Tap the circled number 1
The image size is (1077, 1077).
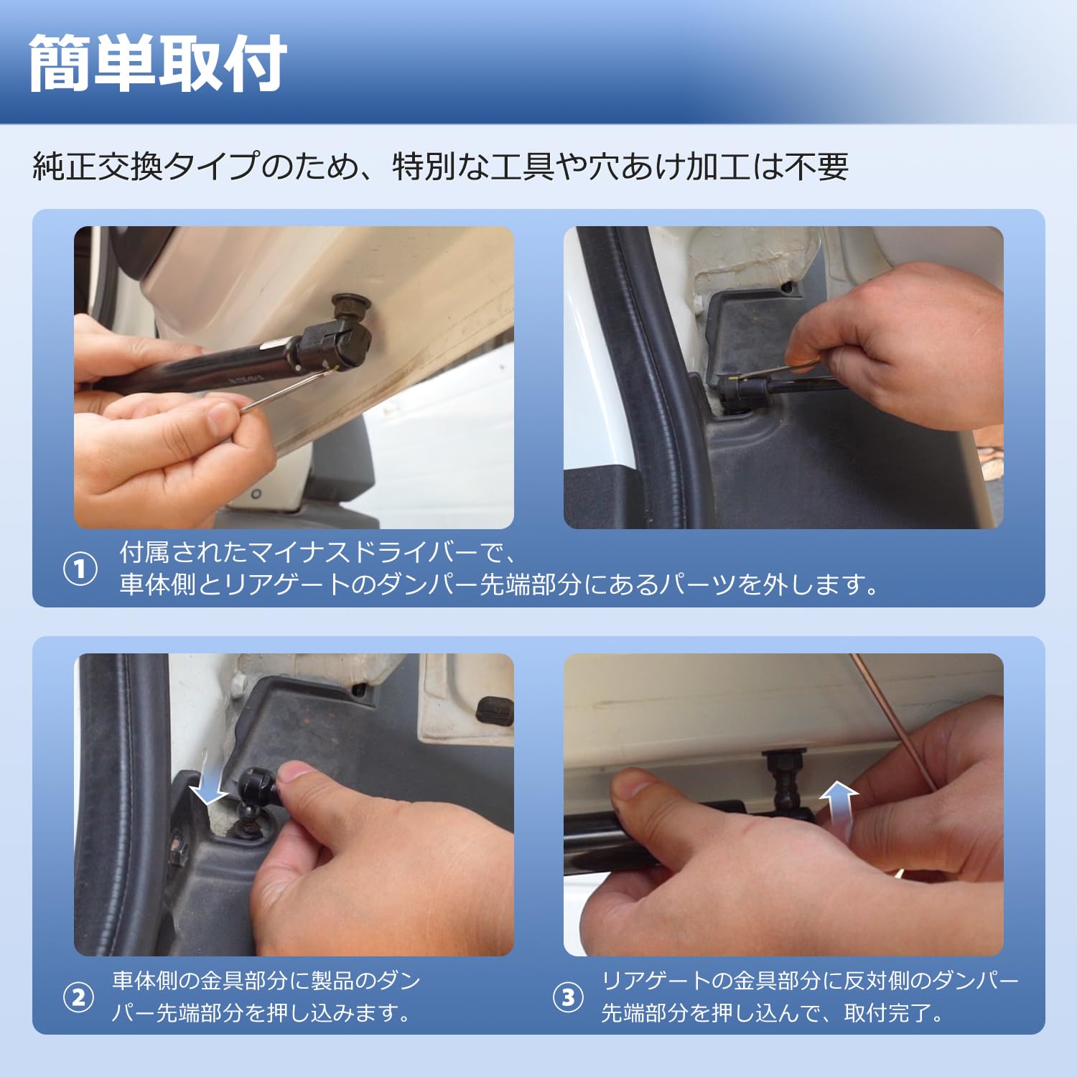[x=80, y=569]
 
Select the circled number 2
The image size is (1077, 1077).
[x=78, y=997]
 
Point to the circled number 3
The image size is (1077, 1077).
[x=568, y=997]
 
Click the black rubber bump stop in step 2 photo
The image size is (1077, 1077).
[x=495, y=710]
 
